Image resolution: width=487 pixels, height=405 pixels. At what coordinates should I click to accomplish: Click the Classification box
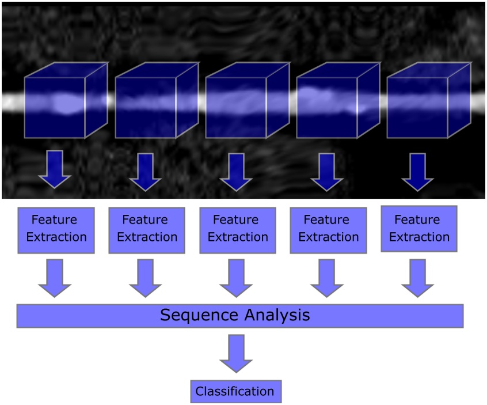point(235,392)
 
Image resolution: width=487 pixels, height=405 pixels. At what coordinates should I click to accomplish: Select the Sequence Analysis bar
point(240,316)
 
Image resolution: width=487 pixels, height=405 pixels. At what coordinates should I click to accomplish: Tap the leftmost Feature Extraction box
point(56,229)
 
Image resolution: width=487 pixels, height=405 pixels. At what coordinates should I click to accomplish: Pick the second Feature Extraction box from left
point(146,229)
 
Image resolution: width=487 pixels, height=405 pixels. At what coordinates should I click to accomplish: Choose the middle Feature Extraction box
point(237,229)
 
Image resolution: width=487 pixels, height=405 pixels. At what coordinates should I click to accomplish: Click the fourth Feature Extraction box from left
point(328,229)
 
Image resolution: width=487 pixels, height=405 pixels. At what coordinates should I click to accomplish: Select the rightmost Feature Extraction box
point(418,228)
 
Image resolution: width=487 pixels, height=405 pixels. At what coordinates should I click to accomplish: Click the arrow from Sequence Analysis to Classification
point(235,353)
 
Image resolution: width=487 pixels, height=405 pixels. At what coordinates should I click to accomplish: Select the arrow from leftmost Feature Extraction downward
point(55,278)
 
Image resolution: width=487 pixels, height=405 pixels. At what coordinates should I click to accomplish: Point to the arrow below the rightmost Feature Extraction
point(417,278)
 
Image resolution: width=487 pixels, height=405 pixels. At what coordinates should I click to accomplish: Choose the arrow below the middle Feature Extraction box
point(236,278)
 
